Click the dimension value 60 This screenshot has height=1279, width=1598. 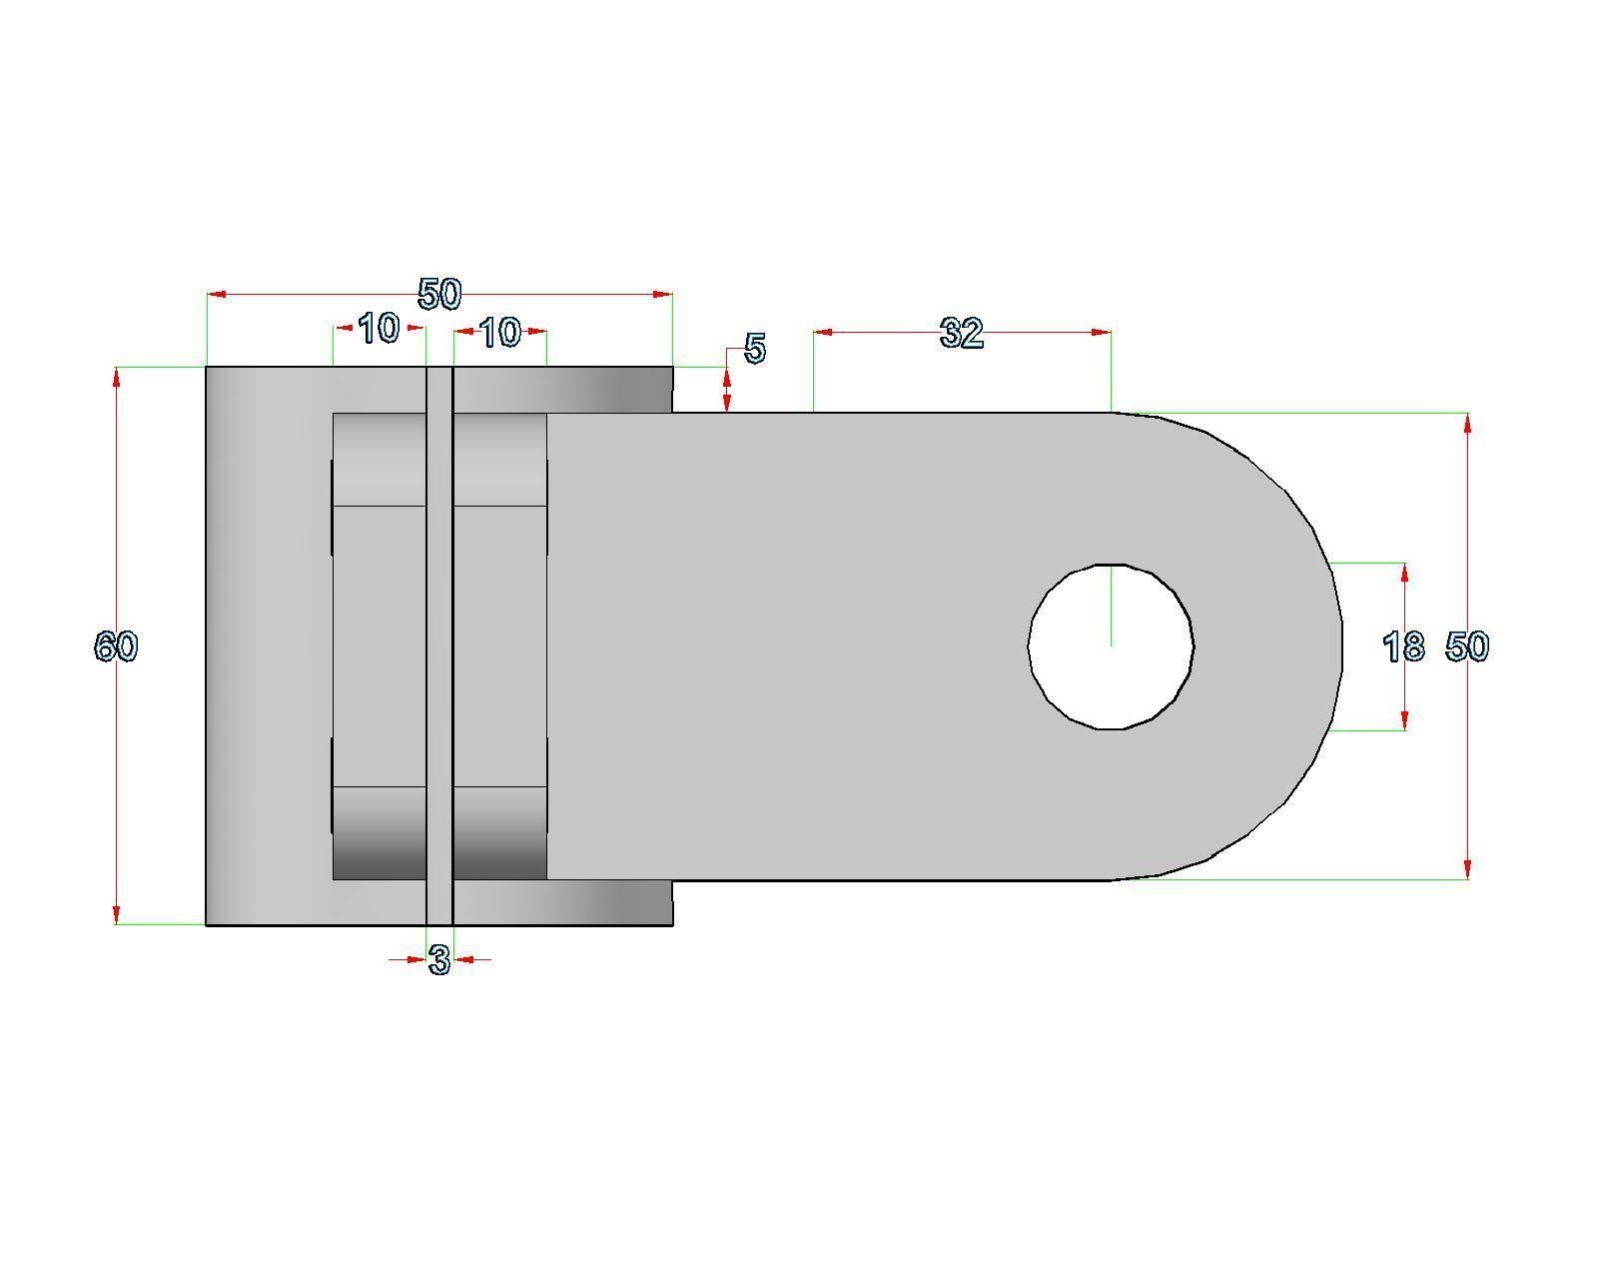116,646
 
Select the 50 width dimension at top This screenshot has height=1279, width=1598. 439,294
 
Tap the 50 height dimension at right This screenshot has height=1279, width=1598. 1467,646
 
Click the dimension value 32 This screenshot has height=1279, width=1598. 961,333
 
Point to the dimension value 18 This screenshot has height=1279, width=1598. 1403,647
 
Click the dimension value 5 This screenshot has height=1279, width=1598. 755,349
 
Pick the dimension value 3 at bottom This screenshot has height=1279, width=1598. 439,960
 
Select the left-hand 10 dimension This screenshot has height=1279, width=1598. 379,328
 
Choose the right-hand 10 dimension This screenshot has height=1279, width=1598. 500,332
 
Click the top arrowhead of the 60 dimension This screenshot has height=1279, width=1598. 117,377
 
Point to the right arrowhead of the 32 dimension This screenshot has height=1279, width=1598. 1102,332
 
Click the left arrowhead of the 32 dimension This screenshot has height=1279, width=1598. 824,332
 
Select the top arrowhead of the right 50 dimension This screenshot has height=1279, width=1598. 1467,423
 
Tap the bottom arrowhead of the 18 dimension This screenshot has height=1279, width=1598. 1405,720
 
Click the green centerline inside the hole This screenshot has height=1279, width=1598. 1111,605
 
